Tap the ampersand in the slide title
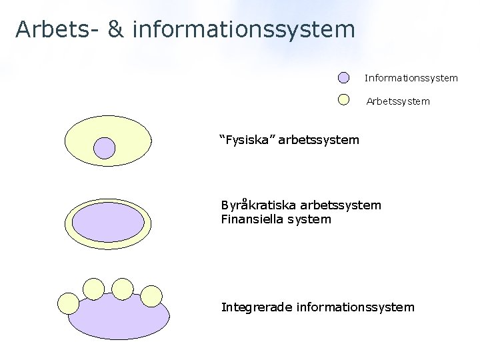point(115,29)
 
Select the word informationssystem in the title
point(244,29)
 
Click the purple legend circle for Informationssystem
point(343,78)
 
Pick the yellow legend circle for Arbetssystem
point(343,99)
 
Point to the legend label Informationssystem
point(411,78)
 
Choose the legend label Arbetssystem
point(398,101)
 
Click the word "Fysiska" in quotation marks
point(247,140)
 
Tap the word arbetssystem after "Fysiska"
point(319,140)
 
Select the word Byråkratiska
point(259,205)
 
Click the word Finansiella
point(253,219)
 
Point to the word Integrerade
point(257,307)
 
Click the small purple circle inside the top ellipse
point(105,148)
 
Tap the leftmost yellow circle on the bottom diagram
point(69,303)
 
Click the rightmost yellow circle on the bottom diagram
point(152,295)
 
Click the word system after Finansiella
point(309,219)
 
